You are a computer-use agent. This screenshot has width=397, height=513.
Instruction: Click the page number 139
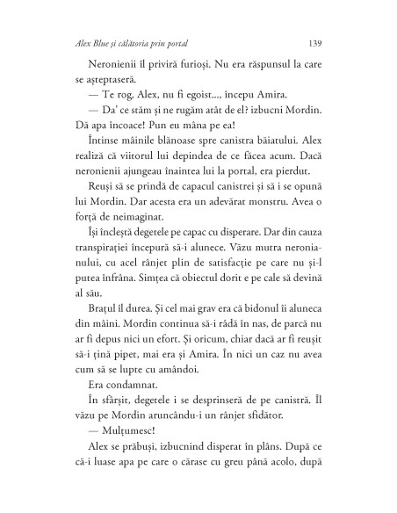click(x=319, y=42)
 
